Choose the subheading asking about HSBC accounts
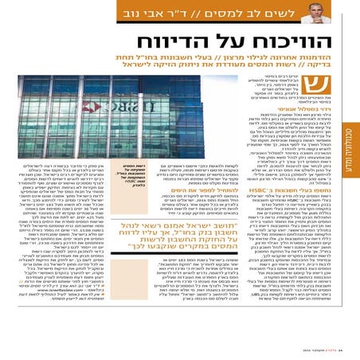pos(311,204)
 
